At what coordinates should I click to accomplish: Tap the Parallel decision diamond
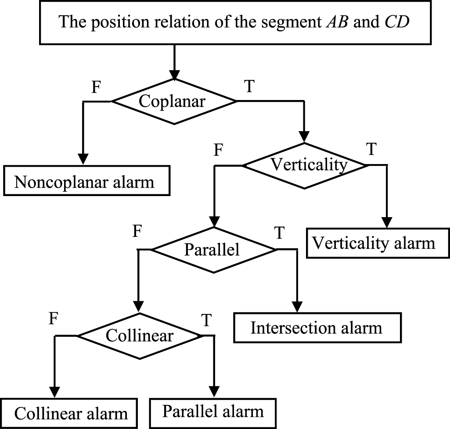click(x=213, y=250)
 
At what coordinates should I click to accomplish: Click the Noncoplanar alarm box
click(x=87, y=181)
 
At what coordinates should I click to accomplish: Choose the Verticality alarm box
click(x=375, y=243)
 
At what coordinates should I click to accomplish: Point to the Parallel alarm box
click(x=213, y=412)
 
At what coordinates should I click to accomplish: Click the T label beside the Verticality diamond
click(x=371, y=150)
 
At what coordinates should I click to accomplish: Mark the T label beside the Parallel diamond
click(x=279, y=233)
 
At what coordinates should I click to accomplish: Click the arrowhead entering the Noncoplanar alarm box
click(x=83, y=159)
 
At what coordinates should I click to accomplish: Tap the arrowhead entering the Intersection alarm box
click(x=298, y=307)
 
